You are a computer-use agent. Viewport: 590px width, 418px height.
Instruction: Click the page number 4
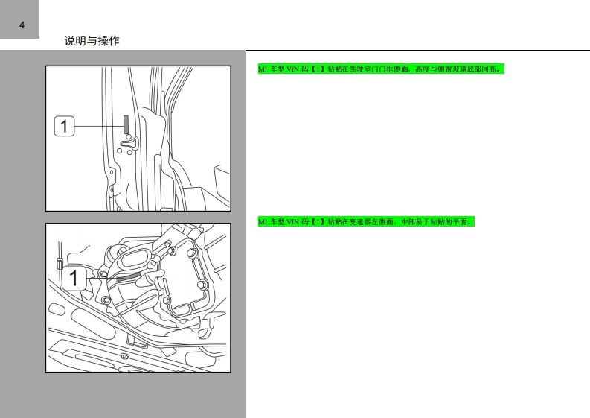pyautogui.click(x=22, y=25)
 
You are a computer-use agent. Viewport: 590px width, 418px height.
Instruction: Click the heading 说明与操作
pyautogui.click(x=92, y=41)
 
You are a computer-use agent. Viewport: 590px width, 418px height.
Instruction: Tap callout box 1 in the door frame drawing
pyautogui.click(x=64, y=126)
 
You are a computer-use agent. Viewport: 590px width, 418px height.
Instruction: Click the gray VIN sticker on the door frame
pyautogui.click(x=126, y=124)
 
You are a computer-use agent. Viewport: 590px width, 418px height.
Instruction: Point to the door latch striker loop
pyautogui.click(x=129, y=142)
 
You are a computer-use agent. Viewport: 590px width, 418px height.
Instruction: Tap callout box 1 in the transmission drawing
pyautogui.click(x=73, y=278)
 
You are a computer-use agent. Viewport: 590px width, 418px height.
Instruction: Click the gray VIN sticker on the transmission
pyautogui.click(x=128, y=277)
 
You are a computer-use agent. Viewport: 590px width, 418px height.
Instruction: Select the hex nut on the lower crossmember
pyautogui.click(x=124, y=355)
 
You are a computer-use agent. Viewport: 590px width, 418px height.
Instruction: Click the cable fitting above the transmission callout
pyautogui.click(x=59, y=262)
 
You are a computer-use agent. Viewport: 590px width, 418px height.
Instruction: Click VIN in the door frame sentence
pyautogui.click(x=292, y=69)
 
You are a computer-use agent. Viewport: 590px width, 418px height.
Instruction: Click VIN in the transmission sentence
pyautogui.click(x=292, y=221)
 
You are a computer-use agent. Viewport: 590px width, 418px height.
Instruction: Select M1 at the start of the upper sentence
pyautogui.click(x=263, y=69)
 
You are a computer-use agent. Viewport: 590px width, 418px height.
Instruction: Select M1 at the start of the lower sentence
pyautogui.click(x=263, y=221)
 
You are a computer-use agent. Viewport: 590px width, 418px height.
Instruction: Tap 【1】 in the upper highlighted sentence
pyautogui.click(x=318, y=69)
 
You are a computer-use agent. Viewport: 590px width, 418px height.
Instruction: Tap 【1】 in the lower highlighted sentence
pyautogui.click(x=318, y=221)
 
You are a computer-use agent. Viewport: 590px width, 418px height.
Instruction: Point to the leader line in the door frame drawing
pyautogui.click(x=99, y=126)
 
